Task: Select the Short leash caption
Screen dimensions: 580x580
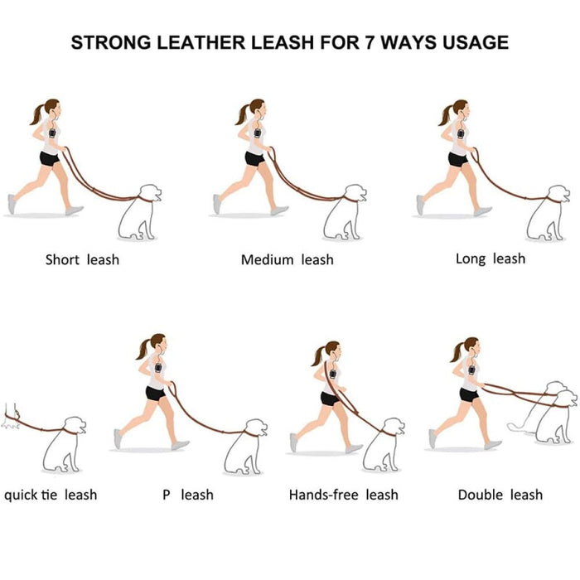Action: pyautogui.click(x=82, y=259)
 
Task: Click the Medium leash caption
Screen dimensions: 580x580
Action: pyautogui.click(x=287, y=259)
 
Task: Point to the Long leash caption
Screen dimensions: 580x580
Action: pyautogui.click(x=490, y=259)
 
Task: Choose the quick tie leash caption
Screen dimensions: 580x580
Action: pyautogui.click(x=51, y=495)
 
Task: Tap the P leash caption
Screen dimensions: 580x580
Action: pyautogui.click(x=187, y=495)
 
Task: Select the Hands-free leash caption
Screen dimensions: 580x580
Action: pyautogui.click(x=343, y=495)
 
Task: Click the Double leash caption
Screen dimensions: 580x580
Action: pyautogui.click(x=500, y=495)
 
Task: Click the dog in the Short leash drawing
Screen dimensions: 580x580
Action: pyautogui.click(x=138, y=214)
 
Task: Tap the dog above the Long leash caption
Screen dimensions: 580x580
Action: pyautogui.click(x=547, y=214)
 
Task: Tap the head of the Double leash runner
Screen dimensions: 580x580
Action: pyautogui.click(x=471, y=345)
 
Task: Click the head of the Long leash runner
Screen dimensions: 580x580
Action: pyautogui.click(x=459, y=108)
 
